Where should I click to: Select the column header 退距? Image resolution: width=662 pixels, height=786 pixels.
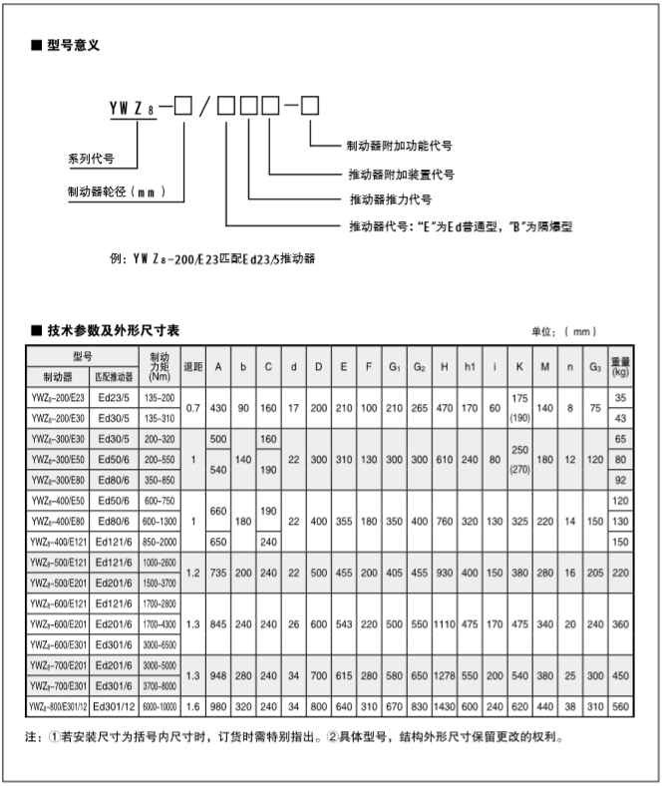point(193,366)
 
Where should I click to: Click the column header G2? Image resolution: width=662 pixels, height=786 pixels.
point(420,366)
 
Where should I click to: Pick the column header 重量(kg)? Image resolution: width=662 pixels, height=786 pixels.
point(621,366)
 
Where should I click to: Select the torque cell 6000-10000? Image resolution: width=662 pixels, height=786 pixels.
point(160,707)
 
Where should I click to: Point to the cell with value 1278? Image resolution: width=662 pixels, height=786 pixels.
point(444,675)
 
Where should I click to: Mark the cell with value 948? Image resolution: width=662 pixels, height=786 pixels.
point(218,675)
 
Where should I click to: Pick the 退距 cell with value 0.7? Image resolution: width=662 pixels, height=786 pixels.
point(193,408)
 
